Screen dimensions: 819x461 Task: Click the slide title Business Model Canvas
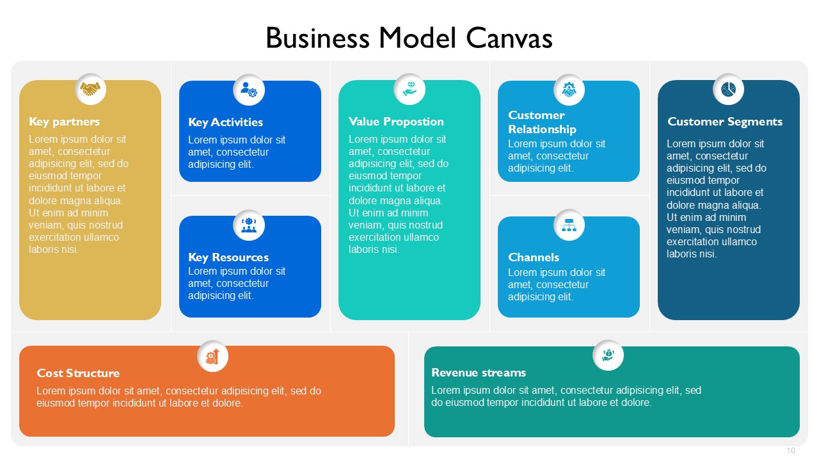click(409, 38)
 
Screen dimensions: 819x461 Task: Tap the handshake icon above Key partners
click(90, 89)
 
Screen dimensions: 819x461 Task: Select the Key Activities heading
click(225, 122)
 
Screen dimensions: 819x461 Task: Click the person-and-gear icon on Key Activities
click(249, 90)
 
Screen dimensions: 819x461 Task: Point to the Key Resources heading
click(228, 257)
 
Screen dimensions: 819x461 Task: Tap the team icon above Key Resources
click(249, 225)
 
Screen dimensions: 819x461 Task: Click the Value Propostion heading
click(396, 122)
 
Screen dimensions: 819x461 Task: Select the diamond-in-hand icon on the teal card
click(409, 89)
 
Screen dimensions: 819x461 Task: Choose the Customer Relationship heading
click(542, 122)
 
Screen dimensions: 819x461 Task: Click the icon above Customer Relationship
click(569, 90)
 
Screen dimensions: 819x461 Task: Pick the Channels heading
click(534, 257)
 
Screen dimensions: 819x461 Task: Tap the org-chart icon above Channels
click(569, 225)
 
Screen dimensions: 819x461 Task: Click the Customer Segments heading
click(725, 122)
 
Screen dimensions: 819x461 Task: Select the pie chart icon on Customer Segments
click(728, 89)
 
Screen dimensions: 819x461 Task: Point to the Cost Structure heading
click(78, 373)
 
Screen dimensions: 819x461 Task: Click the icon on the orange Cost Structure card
click(213, 356)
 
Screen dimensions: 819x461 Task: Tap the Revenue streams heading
click(479, 373)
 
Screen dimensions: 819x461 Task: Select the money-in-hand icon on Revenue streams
click(608, 355)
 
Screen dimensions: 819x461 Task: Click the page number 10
click(791, 450)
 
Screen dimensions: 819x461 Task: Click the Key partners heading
click(65, 122)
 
